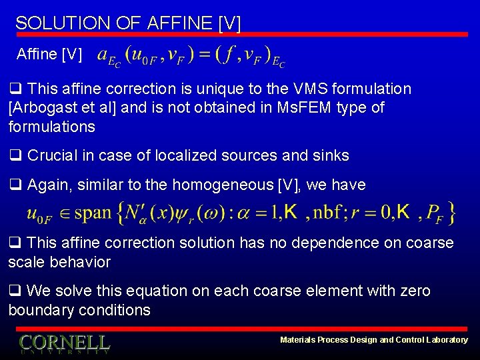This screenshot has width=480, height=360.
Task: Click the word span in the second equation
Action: click(93, 213)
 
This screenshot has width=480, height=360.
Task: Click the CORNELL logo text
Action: click(64, 343)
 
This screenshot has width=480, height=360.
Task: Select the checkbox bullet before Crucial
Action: click(15, 156)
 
